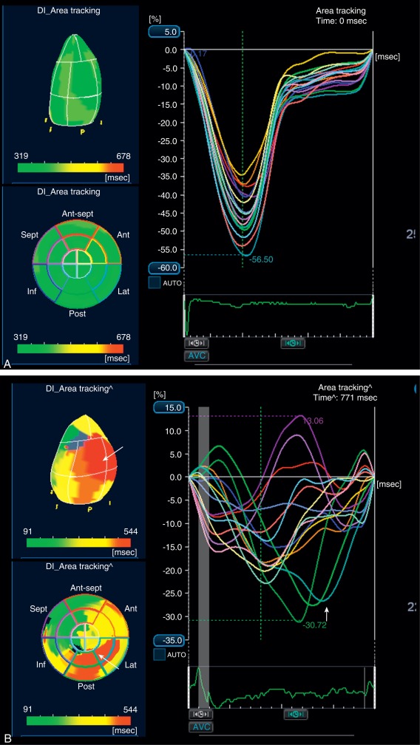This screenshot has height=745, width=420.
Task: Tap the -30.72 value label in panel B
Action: (x=315, y=625)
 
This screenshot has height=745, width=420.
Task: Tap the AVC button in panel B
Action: (x=201, y=727)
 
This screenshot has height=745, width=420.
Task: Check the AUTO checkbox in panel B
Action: (x=160, y=654)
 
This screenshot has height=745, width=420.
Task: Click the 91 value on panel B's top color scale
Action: (x=32, y=530)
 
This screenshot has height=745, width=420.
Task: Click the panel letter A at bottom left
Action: (x=7, y=364)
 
